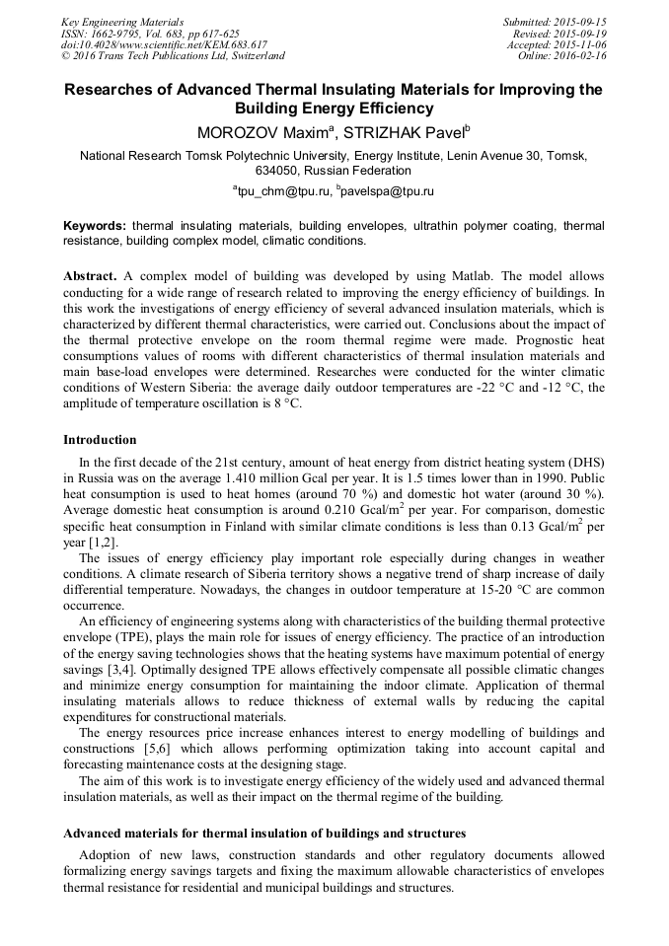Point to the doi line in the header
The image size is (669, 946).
[164, 44]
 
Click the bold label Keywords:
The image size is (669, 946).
[96, 226]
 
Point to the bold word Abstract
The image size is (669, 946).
[91, 277]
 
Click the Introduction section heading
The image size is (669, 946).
[100, 439]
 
